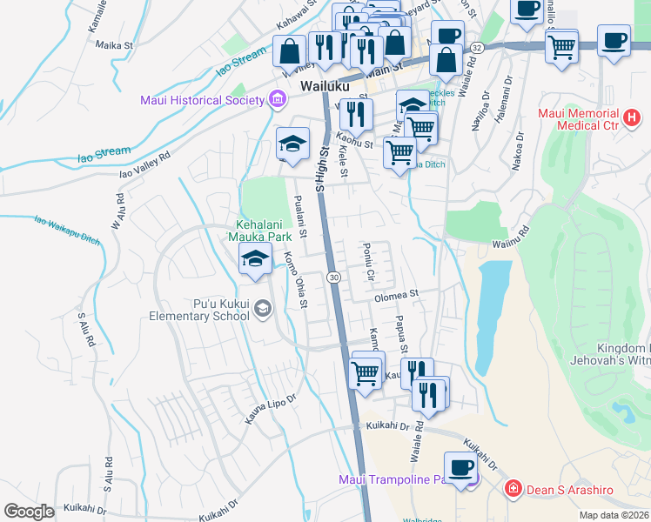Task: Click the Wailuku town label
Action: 325,87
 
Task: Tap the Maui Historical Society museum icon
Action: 278,99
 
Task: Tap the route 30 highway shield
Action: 333,277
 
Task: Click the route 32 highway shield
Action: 476,46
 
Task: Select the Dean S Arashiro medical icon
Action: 513,490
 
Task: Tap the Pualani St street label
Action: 301,217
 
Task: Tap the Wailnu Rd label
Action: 510,245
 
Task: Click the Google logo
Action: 29,512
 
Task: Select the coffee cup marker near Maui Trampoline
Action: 460,467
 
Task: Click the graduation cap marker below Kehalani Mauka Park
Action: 255,259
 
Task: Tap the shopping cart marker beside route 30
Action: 366,372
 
